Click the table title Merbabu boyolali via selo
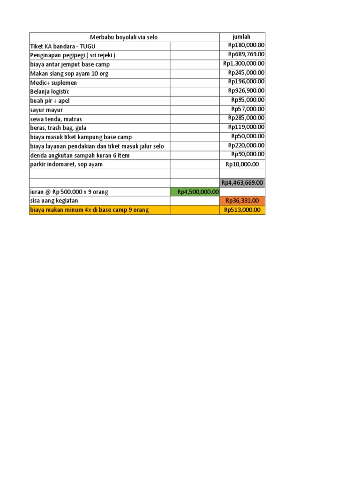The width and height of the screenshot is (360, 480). point(124,37)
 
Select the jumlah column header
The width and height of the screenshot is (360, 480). point(242,37)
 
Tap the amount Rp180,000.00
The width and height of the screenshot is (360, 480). point(246,45)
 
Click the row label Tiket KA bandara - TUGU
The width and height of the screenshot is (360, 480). point(63,46)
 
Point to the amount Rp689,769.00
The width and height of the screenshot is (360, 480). point(246,54)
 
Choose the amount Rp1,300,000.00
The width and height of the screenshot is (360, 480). point(244,63)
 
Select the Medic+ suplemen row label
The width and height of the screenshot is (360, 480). point(53,82)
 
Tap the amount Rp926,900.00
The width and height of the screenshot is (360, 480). point(246,90)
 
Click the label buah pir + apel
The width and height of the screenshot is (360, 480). point(49,101)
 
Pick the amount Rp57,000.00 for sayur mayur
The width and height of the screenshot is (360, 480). point(247,109)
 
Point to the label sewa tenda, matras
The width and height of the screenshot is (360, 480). point(56,119)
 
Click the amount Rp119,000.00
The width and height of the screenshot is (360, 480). point(246,127)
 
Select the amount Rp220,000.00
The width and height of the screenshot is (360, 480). point(246,145)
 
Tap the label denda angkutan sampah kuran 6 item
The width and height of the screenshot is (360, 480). point(79,155)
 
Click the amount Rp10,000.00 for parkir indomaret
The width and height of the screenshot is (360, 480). point(242,164)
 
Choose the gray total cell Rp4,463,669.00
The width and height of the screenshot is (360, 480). point(242,182)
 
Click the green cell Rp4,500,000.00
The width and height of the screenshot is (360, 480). point(198,191)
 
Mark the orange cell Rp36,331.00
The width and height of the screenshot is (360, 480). point(242,201)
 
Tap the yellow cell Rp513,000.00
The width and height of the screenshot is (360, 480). point(242,210)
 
